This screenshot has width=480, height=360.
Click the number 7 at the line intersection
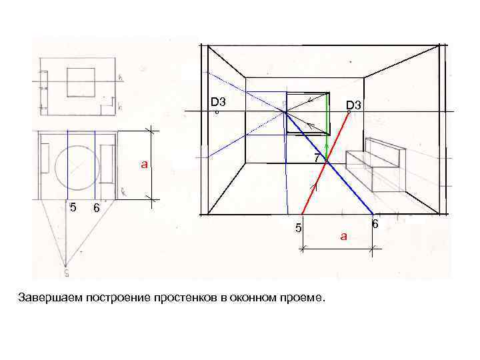pyautogui.click(x=318, y=158)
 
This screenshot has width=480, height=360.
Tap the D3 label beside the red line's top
pyautogui.click(x=353, y=105)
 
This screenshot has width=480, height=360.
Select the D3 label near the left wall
pyautogui.click(x=218, y=103)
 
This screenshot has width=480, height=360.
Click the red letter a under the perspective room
pyautogui.click(x=343, y=235)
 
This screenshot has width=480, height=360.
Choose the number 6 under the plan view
pyautogui.click(x=97, y=208)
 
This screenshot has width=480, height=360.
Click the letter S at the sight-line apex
pyautogui.click(x=66, y=272)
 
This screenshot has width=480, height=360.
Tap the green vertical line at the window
pyautogui.click(x=327, y=113)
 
